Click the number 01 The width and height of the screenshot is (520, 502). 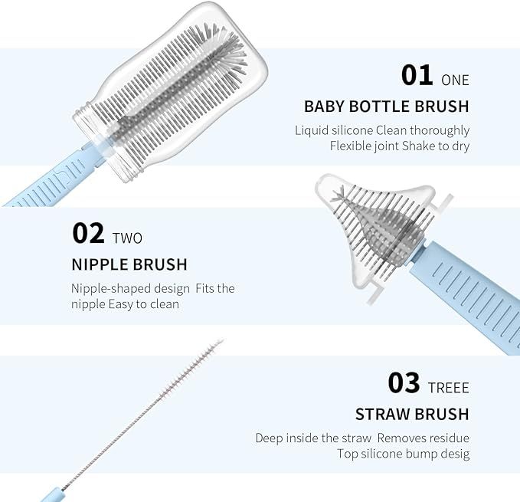pyautogui.click(x=417, y=75)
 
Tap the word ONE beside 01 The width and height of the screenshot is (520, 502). pyautogui.click(x=455, y=80)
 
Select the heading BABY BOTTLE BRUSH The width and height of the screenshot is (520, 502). pyautogui.click(x=386, y=107)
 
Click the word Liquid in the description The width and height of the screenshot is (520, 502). pyautogui.click(x=312, y=130)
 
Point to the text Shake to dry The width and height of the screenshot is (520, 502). pyautogui.click(x=436, y=146)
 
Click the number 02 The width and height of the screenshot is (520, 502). pyautogui.click(x=88, y=233)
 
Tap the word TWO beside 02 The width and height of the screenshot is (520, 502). pyautogui.click(x=127, y=238)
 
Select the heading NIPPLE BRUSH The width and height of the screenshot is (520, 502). pyautogui.click(x=129, y=264)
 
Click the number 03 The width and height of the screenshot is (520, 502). pyautogui.click(x=404, y=383)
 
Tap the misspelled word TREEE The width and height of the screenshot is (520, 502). pyautogui.click(x=448, y=388)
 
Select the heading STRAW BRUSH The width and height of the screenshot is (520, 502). pyautogui.click(x=412, y=414)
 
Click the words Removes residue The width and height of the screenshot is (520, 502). pyautogui.click(x=424, y=438)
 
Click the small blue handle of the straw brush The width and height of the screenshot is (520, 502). pyautogui.click(x=52, y=494)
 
